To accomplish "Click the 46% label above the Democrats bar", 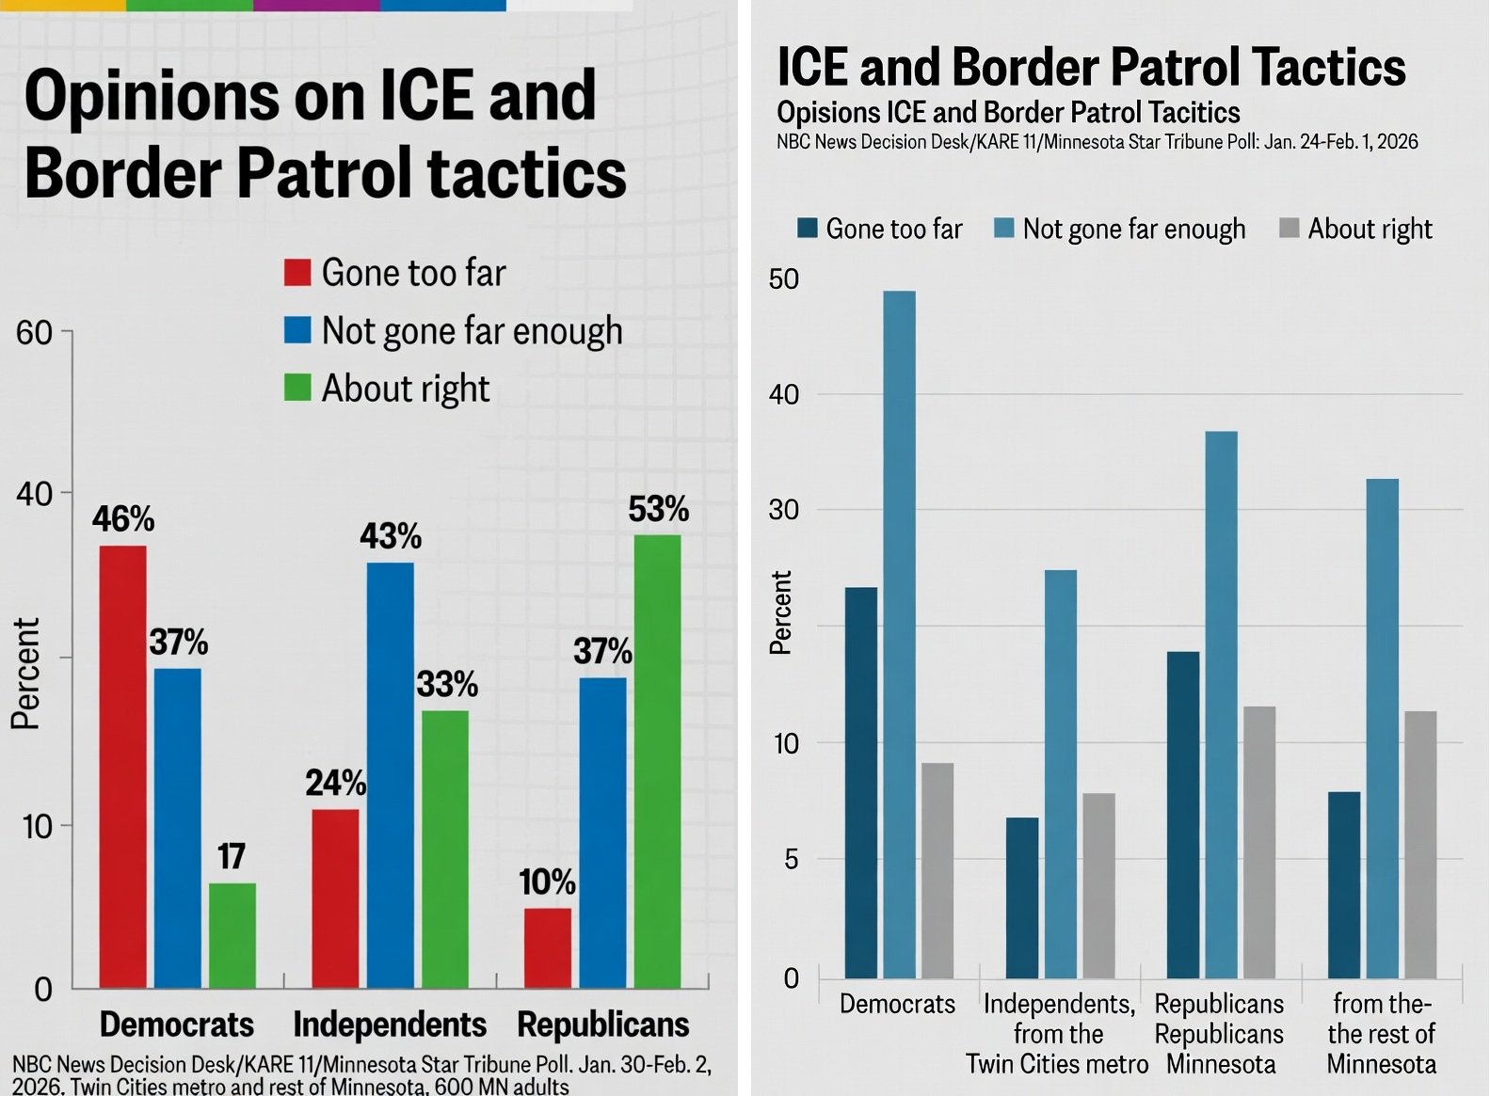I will point(123,519).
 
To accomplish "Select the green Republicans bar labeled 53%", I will point(657,761).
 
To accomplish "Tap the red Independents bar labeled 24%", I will point(335,898).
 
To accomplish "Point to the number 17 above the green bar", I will point(232,856).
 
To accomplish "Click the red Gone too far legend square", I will point(297,273).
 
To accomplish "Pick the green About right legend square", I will point(297,388).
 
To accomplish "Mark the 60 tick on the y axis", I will point(35,332).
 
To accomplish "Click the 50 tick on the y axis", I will point(784,279).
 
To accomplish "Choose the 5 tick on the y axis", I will point(791,859).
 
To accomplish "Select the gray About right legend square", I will point(1290,229).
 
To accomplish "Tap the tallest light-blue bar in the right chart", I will point(899,634).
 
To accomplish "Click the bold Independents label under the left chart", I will point(390,1024).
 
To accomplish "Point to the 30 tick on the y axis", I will point(784,510).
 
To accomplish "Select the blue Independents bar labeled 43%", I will point(390,775).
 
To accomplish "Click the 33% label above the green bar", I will point(447,684).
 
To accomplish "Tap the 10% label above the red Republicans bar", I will point(547,882).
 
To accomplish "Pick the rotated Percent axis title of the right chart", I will point(781,612).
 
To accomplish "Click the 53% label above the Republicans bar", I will point(658,510).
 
